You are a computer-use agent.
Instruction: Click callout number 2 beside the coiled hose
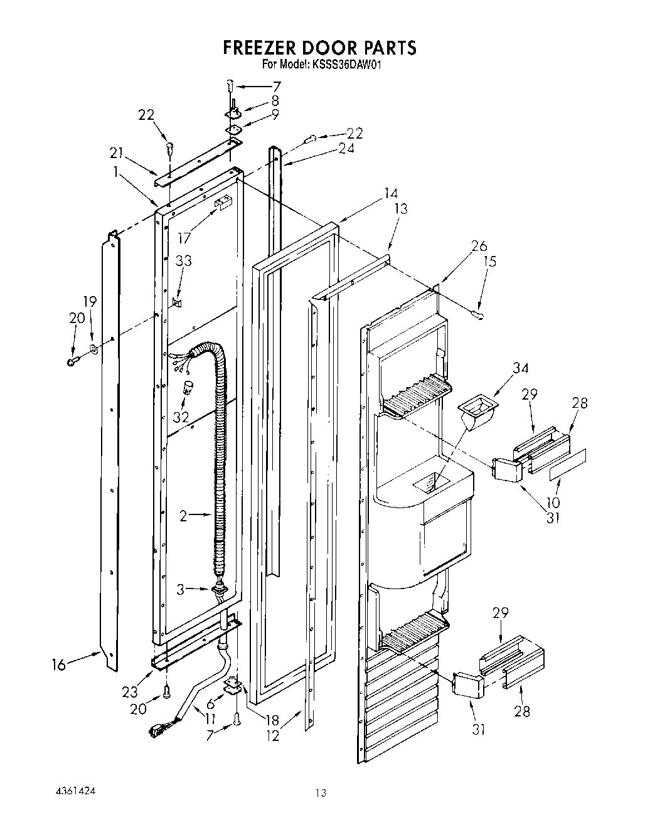tap(183, 516)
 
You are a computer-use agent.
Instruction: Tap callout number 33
tap(183, 260)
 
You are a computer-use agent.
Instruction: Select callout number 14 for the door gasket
tap(390, 193)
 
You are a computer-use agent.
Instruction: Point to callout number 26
tap(479, 246)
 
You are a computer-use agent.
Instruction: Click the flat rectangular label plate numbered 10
tap(569, 464)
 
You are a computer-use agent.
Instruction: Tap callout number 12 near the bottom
tap(272, 737)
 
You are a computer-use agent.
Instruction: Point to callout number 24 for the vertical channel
tap(346, 148)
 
